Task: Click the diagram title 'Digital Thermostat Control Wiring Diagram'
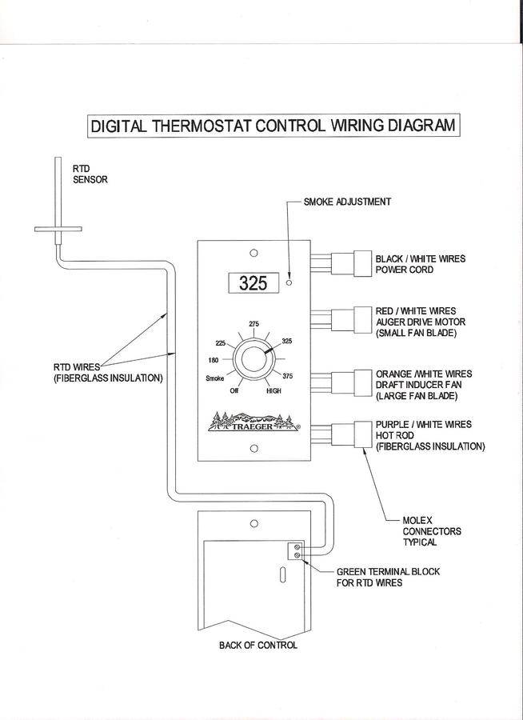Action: (x=272, y=126)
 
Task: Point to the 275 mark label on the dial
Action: (x=254, y=323)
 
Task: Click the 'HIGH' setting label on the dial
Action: (x=273, y=392)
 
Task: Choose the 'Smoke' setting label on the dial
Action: (x=214, y=377)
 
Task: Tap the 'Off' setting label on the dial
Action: (x=234, y=391)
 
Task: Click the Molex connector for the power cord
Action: (x=352, y=263)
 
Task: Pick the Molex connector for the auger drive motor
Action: (x=352, y=320)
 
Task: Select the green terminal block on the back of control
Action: (x=296, y=550)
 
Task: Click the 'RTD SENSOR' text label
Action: (x=90, y=174)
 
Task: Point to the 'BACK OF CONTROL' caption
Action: (x=258, y=646)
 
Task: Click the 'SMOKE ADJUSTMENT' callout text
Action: (x=347, y=202)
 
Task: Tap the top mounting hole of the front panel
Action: (x=254, y=253)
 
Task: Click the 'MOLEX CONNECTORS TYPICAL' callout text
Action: (x=431, y=531)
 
